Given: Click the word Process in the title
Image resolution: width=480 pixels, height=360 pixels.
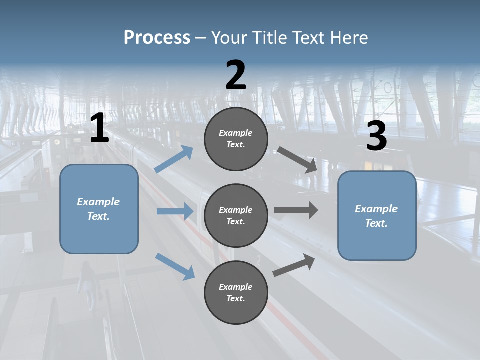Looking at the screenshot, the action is tap(157, 38).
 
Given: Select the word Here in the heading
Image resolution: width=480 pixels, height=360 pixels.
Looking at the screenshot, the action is tap(349, 37).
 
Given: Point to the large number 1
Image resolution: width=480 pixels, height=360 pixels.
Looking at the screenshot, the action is tap(100, 127).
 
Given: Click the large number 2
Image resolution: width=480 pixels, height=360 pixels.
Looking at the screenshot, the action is tap(236, 75).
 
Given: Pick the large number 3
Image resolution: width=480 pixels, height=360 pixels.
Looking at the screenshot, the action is tap(377, 135).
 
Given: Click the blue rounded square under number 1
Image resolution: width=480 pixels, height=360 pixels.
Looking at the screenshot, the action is tap(99, 209).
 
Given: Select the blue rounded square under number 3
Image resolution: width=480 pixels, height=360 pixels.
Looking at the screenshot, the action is tap(377, 216).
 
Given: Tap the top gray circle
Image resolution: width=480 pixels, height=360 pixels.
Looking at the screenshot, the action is tap(236, 139).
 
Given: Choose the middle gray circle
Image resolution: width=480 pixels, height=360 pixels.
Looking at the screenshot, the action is tap(236, 216).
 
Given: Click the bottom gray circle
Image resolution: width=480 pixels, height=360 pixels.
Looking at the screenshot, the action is tap(236, 292).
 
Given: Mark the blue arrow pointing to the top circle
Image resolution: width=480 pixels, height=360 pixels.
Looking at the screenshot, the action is tap(173, 159).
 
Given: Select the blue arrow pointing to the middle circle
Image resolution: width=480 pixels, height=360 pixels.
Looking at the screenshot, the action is tap(175, 211).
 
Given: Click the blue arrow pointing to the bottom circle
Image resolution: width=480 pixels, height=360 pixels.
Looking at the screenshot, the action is tap(175, 267).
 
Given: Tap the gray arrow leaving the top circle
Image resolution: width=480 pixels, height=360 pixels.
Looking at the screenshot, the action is tap(297, 160).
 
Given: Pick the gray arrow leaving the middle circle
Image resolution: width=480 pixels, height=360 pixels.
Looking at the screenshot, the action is tap(296, 210).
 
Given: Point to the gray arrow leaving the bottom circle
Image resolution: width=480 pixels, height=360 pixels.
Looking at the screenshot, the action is tap(294, 265).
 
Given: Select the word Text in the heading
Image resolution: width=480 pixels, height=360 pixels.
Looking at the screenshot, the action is tap(308, 37).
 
